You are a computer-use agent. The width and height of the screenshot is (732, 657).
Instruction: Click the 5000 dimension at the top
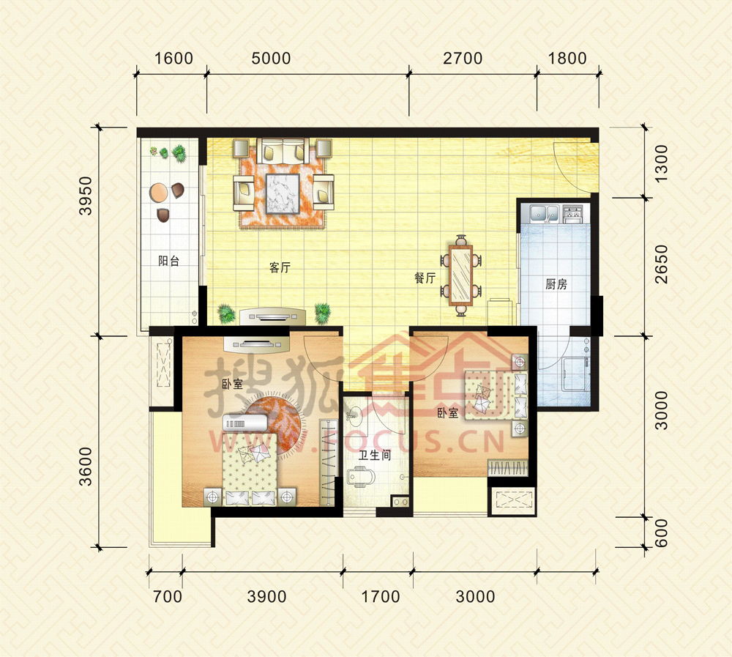coord(271,59)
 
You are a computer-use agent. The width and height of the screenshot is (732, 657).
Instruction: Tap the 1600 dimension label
coord(173,59)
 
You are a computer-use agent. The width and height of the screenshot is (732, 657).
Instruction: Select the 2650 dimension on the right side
coord(662,264)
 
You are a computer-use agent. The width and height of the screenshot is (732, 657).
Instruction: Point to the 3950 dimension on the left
coord(86,196)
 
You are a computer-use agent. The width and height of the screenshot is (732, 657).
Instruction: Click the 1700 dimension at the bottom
coord(381,596)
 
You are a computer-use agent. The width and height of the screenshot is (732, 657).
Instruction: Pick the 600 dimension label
coord(662,533)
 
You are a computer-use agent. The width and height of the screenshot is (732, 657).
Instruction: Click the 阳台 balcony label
coord(168,261)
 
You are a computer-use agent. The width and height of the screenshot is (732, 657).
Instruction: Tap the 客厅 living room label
coord(280,267)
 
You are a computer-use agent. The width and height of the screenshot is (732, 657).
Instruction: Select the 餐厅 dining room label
coord(425,278)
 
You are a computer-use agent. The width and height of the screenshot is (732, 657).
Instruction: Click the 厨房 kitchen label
coord(556,283)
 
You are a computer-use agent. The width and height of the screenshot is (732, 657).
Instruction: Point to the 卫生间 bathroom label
coord(374,455)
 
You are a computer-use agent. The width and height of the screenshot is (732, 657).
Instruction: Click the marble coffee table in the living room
coord(283,193)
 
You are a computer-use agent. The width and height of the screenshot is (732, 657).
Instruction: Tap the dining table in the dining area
coord(460,275)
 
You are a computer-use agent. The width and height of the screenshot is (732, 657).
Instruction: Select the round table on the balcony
coord(158,192)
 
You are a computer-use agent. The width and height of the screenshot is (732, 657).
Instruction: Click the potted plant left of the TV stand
coord(226,313)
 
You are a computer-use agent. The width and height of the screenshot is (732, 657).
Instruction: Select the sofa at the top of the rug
coord(283,150)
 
